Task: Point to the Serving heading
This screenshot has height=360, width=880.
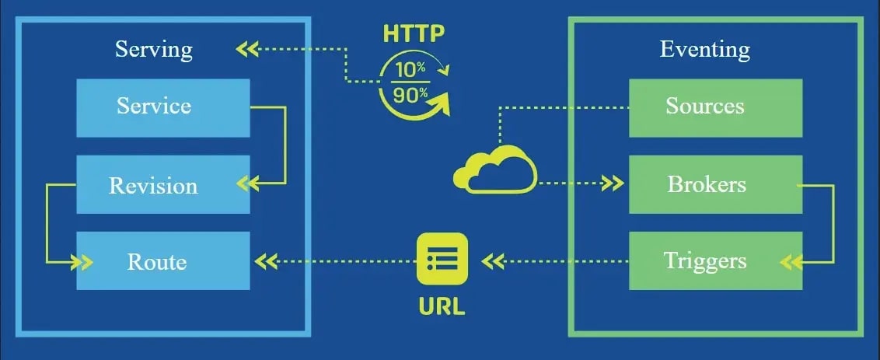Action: tap(154, 50)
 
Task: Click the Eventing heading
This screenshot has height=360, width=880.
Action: tap(705, 50)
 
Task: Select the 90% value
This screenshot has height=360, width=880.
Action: tap(410, 95)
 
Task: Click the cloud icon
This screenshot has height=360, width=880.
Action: tap(496, 170)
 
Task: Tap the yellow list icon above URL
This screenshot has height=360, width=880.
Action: tap(442, 258)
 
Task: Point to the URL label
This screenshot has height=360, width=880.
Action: tap(442, 304)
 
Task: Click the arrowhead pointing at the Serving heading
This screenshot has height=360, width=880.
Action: tap(246, 50)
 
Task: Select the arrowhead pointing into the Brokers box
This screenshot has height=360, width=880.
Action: tap(614, 184)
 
